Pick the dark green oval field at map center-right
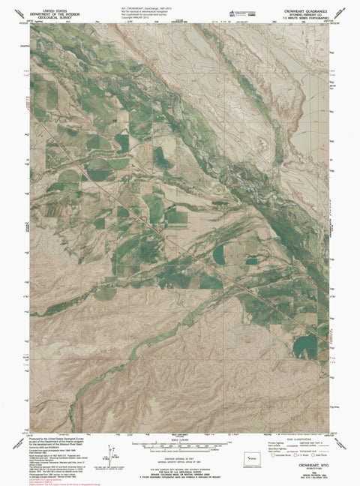pyautogui.click(x=220, y=256)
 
